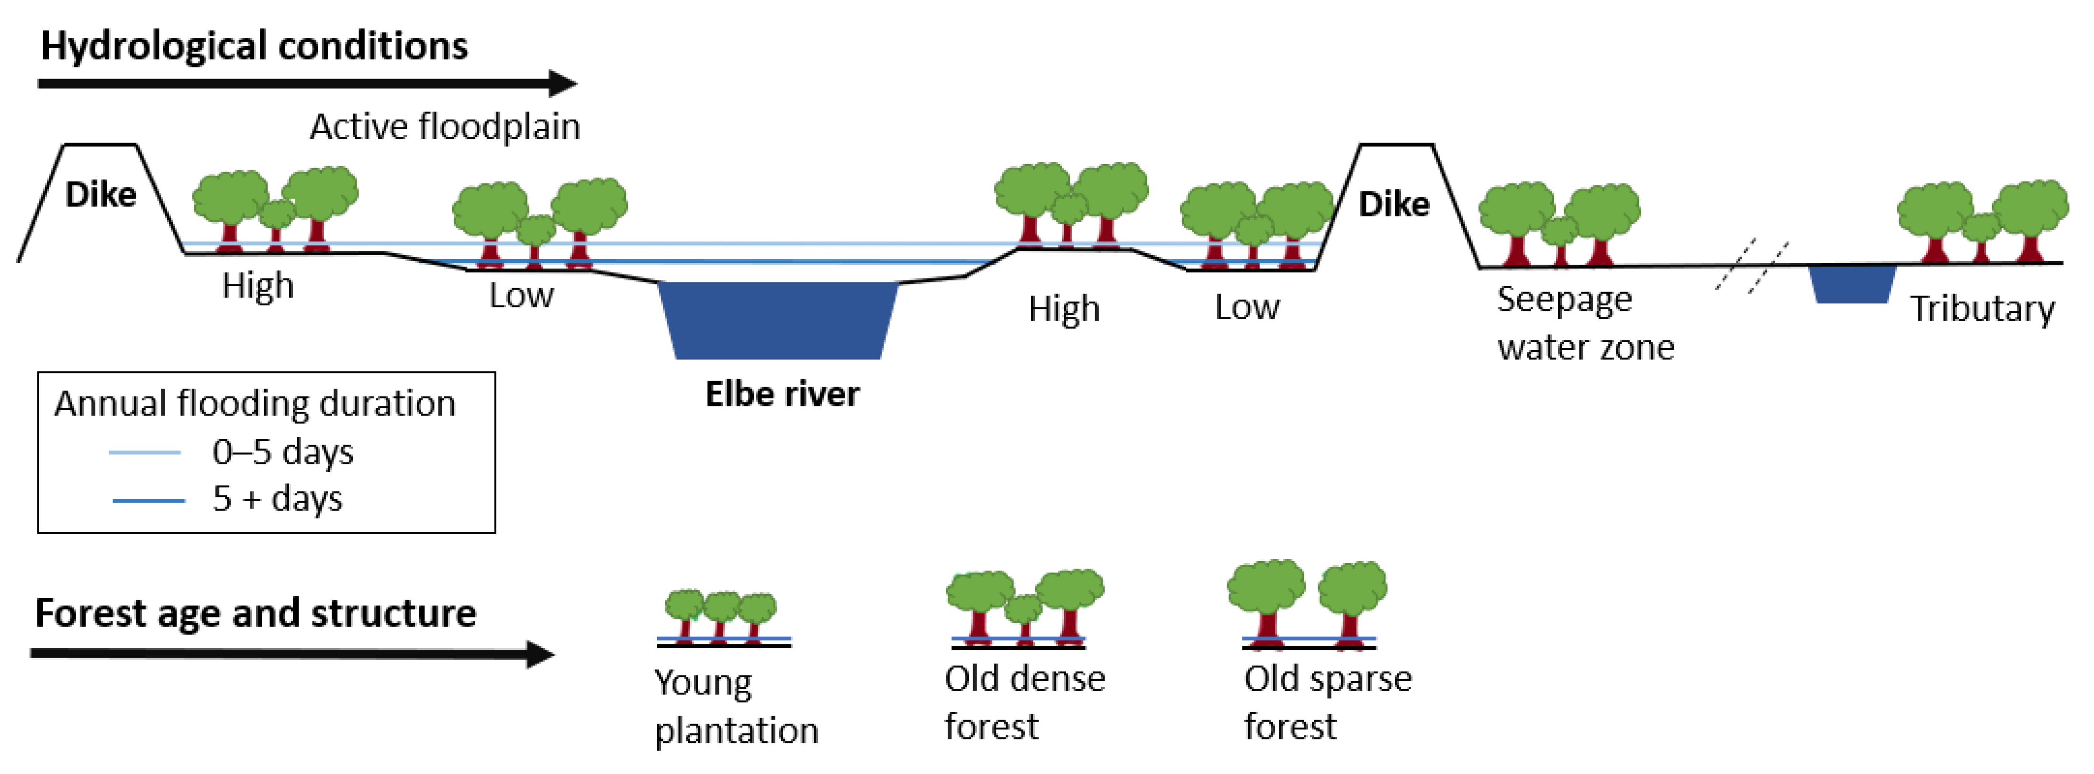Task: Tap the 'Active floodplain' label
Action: tap(446, 127)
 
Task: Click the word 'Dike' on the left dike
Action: tap(101, 195)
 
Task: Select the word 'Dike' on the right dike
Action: tap(1394, 204)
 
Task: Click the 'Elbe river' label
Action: tap(782, 394)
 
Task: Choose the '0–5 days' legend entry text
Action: tap(283, 452)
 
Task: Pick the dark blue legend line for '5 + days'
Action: tap(149, 501)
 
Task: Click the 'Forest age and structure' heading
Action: tap(255, 613)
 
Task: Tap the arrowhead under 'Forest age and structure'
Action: tap(540, 654)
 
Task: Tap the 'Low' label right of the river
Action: tap(1247, 307)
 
